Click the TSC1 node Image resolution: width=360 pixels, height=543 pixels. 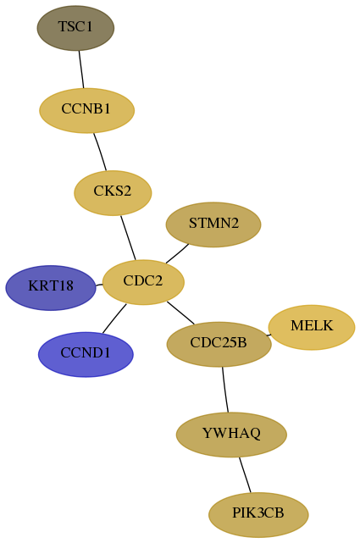coord(75,28)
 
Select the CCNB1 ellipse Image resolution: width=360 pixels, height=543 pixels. coord(86,110)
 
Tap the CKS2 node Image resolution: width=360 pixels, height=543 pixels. coord(113,193)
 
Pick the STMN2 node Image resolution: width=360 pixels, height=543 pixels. coord(213,224)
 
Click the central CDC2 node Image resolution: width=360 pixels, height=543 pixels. coord(143,282)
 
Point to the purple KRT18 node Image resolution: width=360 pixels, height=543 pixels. coord(51,288)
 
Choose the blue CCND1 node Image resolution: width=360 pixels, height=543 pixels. coord(86,354)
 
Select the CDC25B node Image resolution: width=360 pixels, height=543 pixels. coord(219,344)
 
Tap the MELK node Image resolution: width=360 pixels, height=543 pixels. coord(312,327)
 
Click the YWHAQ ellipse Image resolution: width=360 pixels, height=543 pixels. coord(231,435)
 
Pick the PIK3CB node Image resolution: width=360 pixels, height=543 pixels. coord(258,514)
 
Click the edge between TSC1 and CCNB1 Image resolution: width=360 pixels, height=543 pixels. coord(81,69)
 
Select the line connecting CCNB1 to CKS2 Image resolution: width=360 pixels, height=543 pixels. coord(100,152)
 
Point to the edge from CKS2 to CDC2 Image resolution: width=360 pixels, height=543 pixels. coord(128,237)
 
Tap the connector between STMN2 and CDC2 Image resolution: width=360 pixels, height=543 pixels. coord(177,253)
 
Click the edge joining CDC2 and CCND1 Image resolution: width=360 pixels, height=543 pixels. coord(114,319)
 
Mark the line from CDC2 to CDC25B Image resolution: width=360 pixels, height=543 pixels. coord(180,313)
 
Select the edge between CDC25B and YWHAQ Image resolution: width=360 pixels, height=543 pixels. coord(225,390)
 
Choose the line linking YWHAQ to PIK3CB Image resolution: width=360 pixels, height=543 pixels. coord(245,474)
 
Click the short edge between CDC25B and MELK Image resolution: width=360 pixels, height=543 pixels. coord(269,335)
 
